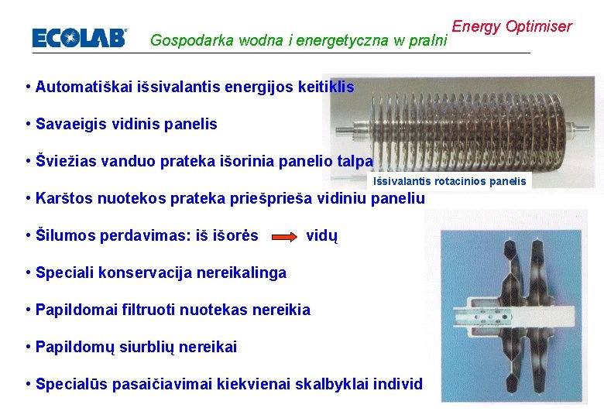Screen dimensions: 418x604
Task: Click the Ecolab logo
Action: (78, 38)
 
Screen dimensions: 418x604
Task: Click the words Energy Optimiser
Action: (511, 26)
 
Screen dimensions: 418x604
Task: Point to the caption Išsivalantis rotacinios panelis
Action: (449, 181)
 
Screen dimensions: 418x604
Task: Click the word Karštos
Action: (65, 198)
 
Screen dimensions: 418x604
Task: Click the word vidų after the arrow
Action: (322, 235)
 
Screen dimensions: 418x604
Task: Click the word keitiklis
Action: (324, 87)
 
